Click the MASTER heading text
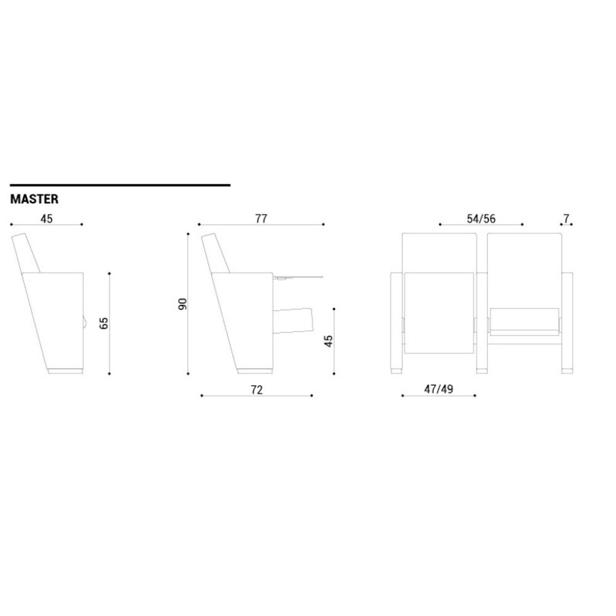(x=34, y=199)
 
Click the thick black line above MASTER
(x=120, y=185)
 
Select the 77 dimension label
(x=261, y=218)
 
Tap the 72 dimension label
(x=256, y=390)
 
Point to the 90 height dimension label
(x=183, y=304)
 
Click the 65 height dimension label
(x=103, y=323)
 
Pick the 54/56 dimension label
(x=481, y=218)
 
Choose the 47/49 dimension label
(x=439, y=389)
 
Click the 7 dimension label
(x=566, y=218)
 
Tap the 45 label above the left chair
(x=46, y=218)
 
